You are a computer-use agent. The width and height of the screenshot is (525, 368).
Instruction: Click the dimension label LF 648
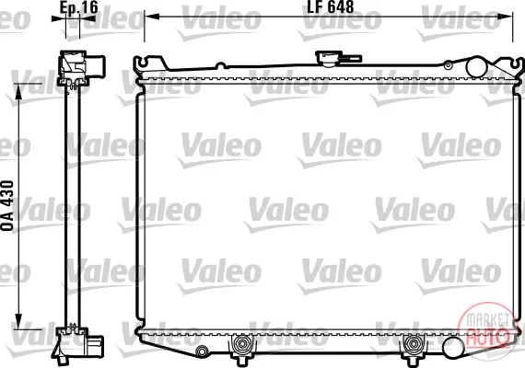click(330, 6)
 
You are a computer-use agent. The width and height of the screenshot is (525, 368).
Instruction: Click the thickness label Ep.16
click(79, 7)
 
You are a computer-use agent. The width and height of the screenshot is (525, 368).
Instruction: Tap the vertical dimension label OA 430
click(7, 205)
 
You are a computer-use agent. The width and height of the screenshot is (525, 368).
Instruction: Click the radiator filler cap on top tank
click(329, 58)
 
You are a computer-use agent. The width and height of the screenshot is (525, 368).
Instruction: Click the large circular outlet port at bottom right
click(453, 347)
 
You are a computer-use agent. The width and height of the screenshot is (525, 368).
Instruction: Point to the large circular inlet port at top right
click(476, 67)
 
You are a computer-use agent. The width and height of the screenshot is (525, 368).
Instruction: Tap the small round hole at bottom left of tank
click(202, 351)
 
